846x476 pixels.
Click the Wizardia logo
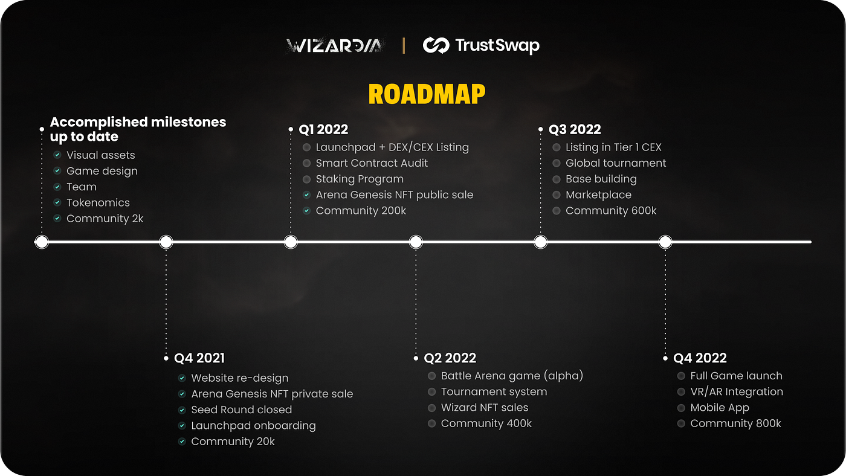(x=334, y=45)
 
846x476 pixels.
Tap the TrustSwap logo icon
(x=435, y=45)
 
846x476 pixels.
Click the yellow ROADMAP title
(x=427, y=94)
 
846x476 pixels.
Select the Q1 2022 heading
(x=323, y=129)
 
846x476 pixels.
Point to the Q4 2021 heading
(x=199, y=358)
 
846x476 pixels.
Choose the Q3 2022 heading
(x=574, y=129)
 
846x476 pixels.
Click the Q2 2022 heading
(x=450, y=358)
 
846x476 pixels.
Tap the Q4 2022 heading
(x=699, y=358)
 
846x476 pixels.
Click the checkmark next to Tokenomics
(x=57, y=203)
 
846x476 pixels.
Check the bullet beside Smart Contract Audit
(x=307, y=163)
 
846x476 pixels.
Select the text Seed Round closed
(x=241, y=410)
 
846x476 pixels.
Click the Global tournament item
(x=616, y=163)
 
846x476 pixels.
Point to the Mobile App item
(x=720, y=408)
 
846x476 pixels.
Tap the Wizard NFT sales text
(x=485, y=408)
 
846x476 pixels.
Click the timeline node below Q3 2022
(x=541, y=242)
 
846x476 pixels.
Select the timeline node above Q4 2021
(x=166, y=242)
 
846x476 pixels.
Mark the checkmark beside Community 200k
(x=307, y=211)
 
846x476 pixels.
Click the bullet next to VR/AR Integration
(x=681, y=392)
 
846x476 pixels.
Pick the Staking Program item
(x=360, y=179)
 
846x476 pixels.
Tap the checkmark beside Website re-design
(x=182, y=378)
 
